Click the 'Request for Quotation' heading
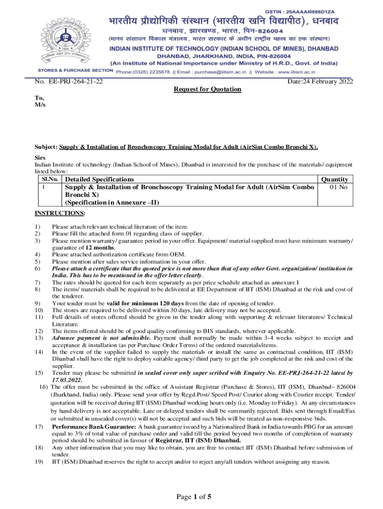tap(207, 89)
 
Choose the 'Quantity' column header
tap(335, 179)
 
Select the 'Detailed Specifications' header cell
tap(99, 179)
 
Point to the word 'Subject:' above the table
tap(46, 147)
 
